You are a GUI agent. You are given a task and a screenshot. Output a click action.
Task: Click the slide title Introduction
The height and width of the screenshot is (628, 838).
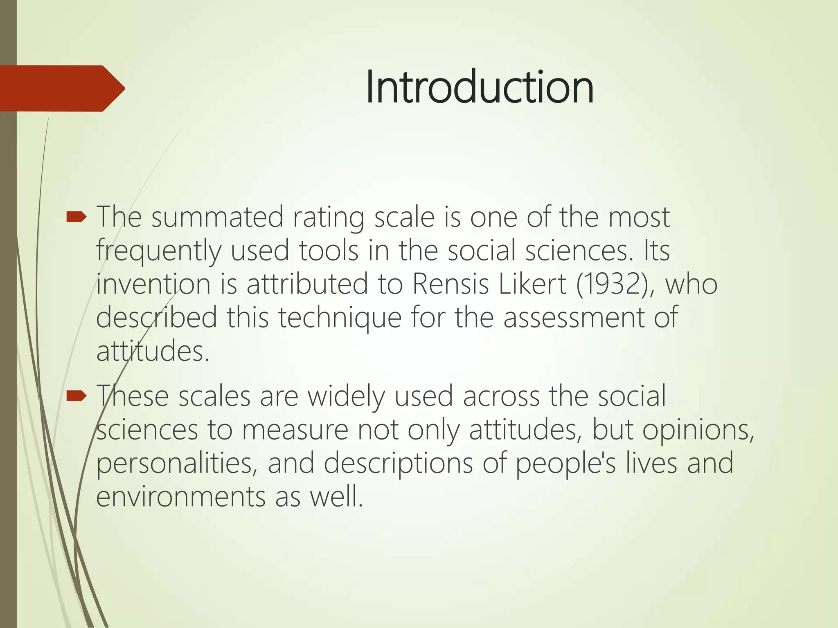(x=479, y=87)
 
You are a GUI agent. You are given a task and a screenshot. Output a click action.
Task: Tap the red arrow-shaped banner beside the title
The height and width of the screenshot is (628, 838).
(x=61, y=88)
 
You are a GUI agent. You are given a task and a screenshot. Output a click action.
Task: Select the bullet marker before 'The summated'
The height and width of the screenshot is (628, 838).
(x=76, y=217)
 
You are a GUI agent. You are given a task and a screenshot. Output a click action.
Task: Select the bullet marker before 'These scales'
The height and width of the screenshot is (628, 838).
(x=76, y=396)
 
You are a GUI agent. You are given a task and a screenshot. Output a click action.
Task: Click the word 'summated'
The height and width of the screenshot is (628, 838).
(x=217, y=217)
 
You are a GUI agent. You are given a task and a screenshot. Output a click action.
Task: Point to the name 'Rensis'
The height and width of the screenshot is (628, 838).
(x=450, y=284)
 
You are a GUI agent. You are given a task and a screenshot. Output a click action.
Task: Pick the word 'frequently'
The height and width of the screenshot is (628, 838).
(x=159, y=251)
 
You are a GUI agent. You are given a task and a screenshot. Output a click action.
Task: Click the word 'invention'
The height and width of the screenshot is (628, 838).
(x=153, y=284)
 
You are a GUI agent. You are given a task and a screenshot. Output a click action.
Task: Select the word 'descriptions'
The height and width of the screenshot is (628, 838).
(x=398, y=464)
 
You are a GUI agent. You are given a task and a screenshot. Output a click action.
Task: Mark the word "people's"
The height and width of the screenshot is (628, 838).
(x=565, y=464)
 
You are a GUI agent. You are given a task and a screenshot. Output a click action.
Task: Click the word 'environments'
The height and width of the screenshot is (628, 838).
(x=180, y=496)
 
